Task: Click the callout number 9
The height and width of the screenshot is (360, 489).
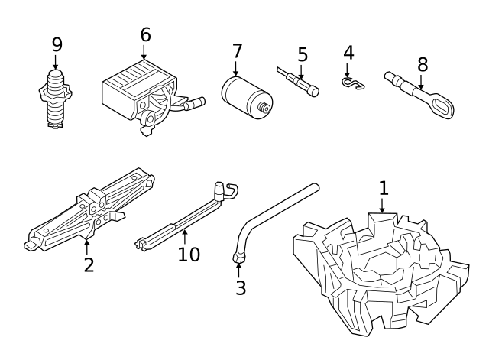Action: [x=57, y=44]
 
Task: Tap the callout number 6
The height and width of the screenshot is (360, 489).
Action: [x=145, y=34]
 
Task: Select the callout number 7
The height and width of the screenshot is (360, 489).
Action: [x=237, y=51]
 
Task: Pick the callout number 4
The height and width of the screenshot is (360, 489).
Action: [x=348, y=53]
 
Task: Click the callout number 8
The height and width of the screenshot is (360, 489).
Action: [x=420, y=63]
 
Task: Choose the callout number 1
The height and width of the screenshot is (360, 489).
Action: [x=384, y=188]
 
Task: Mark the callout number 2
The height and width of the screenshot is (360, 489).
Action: [x=89, y=265]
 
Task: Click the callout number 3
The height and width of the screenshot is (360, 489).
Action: [x=241, y=287]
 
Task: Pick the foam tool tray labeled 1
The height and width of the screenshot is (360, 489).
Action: [x=378, y=268]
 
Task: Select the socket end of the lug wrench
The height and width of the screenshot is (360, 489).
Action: [x=239, y=258]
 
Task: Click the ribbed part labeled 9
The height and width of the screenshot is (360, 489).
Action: [x=56, y=99]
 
